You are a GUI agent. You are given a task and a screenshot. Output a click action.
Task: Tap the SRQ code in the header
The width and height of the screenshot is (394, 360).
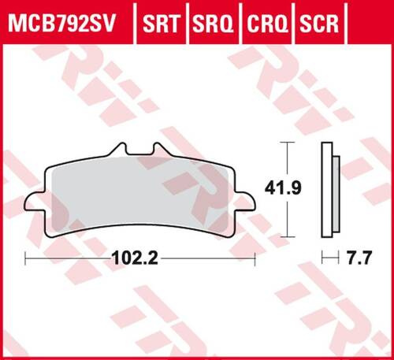212,17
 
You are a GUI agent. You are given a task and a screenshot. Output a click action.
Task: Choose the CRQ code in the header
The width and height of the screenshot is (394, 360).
265,17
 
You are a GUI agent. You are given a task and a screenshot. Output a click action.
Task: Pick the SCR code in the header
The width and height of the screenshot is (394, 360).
318,17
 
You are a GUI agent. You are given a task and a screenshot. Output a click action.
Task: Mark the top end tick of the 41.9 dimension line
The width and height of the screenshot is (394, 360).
289,143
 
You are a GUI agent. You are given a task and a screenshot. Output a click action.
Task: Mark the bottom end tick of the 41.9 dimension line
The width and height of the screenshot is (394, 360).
289,237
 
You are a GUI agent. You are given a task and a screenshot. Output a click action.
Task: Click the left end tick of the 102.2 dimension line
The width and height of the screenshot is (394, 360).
26,258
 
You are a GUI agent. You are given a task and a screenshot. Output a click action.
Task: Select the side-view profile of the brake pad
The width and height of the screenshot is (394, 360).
331,190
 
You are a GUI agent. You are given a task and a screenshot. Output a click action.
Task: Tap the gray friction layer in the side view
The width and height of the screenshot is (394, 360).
337,190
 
